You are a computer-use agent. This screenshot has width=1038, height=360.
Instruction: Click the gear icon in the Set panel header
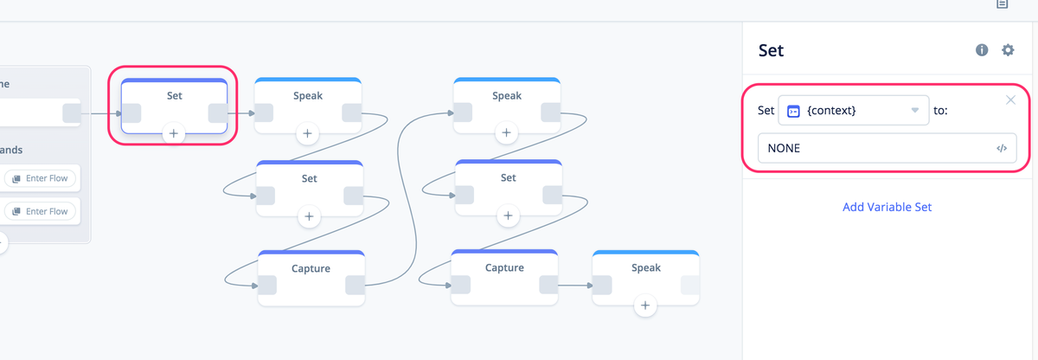pyautogui.click(x=1008, y=50)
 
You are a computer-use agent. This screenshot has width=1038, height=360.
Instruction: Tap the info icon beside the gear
pyautogui.click(x=982, y=50)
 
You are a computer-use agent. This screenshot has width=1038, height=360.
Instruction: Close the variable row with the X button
pyautogui.click(x=1010, y=100)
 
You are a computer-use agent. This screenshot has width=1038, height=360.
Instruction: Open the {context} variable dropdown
pyautogui.click(x=853, y=110)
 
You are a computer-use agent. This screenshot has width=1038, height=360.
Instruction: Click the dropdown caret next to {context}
pyautogui.click(x=914, y=110)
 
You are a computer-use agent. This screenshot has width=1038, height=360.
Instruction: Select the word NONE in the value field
pyautogui.click(x=784, y=148)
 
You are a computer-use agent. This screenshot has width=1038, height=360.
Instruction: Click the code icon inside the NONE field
pyautogui.click(x=1002, y=148)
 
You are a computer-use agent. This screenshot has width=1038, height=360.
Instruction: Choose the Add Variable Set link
pyautogui.click(x=887, y=207)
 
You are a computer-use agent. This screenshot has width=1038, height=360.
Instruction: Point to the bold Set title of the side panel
pyautogui.click(x=771, y=50)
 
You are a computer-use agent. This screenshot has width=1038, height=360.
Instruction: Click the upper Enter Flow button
pyautogui.click(x=41, y=178)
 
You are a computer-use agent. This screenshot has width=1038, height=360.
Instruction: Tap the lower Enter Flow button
pyautogui.click(x=41, y=211)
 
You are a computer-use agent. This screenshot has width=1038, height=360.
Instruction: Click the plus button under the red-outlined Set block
pyautogui.click(x=173, y=134)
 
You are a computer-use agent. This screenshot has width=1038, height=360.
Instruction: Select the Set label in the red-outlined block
pyautogui.click(x=174, y=95)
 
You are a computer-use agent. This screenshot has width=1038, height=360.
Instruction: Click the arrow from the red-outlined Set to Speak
pyautogui.click(x=241, y=113)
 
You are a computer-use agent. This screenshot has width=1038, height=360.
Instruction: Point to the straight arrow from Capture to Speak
pyautogui.click(x=575, y=286)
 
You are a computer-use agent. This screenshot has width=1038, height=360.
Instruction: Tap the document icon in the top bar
pyautogui.click(x=1003, y=3)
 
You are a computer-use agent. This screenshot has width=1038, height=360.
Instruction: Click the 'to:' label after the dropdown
pyautogui.click(x=940, y=110)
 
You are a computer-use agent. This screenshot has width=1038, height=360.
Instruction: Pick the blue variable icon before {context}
pyautogui.click(x=793, y=112)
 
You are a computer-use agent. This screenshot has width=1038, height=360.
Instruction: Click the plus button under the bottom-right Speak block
pyautogui.click(x=645, y=305)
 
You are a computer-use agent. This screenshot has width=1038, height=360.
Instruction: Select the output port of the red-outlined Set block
pyautogui.click(x=217, y=113)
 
